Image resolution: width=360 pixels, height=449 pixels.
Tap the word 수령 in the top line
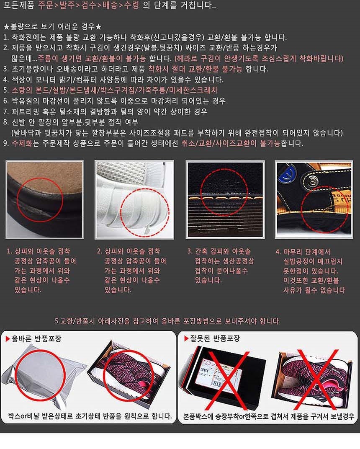click(x=131, y=5)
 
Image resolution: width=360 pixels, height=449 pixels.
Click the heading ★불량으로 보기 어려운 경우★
click(x=52, y=27)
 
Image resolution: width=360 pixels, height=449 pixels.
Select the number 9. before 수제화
click(x=6, y=143)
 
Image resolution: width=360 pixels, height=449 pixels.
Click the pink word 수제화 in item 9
click(x=22, y=143)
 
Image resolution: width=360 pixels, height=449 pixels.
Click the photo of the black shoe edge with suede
click(x=45, y=200)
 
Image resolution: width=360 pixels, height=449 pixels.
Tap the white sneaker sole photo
click(x=134, y=200)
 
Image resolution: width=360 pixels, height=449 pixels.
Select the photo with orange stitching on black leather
click(x=225, y=200)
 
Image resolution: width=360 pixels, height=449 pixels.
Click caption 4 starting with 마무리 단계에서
click(x=310, y=271)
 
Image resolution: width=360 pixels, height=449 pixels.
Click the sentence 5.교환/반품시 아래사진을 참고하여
click(x=167, y=321)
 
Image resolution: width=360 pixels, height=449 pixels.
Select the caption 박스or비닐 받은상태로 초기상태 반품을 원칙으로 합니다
click(x=90, y=416)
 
